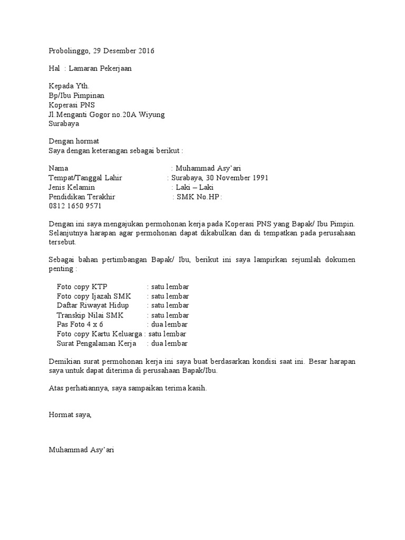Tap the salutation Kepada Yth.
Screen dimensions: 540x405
pyautogui.click(x=69, y=86)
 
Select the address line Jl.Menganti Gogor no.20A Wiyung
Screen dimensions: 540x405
pyautogui.click(x=107, y=114)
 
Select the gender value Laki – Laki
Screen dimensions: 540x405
pyautogui.click(x=195, y=187)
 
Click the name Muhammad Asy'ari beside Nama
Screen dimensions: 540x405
pyautogui.click(x=208, y=168)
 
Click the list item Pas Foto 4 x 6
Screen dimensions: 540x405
pyautogui.click(x=80, y=324)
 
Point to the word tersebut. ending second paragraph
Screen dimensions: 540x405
pyautogui.click(x=63, y=242)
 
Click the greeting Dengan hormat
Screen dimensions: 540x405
pyautogui.click(x=74, y=141)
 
